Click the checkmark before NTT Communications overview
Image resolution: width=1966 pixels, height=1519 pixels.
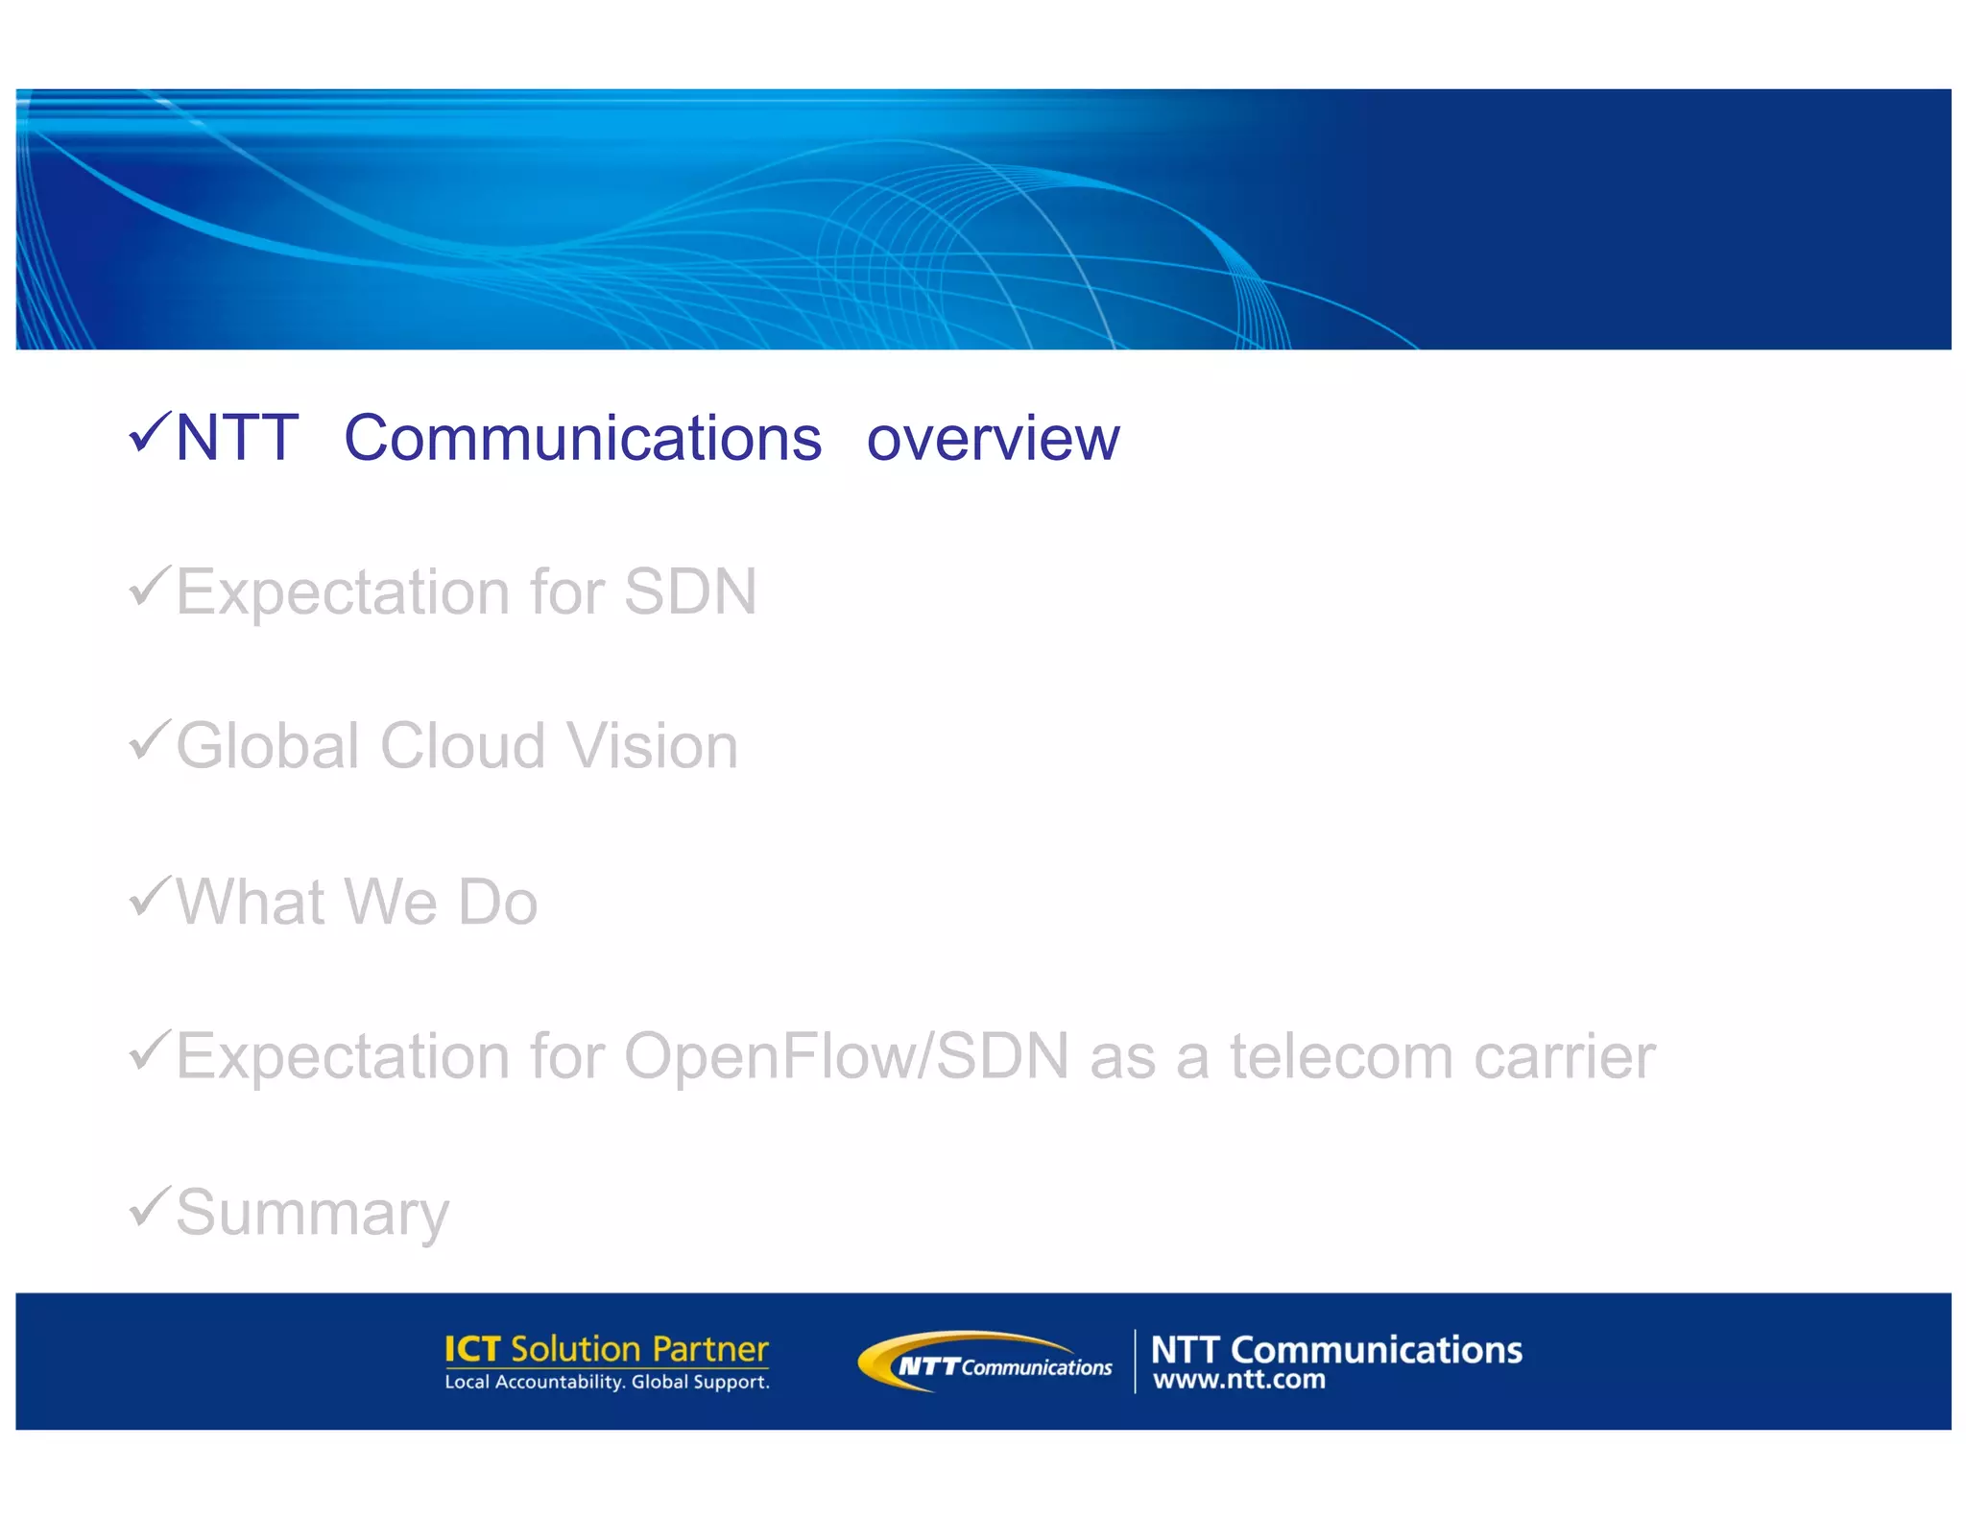pyautogui.click(x=150, y=433)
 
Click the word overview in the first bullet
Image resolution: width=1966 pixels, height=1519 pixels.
pyautogui.click(x=993, y=439)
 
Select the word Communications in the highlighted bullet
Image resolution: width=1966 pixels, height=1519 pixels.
pyautogui.click(x=583, y=439)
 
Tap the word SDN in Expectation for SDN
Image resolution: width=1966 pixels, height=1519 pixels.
pyautogui.click(x=690, y=591)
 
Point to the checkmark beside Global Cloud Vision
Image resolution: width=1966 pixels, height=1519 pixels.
pyautogui.click(x=150, y=741)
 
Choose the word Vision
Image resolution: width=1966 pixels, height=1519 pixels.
pyautogui.click(x=652, y=746)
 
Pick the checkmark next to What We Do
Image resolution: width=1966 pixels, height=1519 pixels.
pyautogui.click(x=150, y=897)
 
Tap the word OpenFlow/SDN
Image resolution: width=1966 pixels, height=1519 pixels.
pyautogui.click(x=847, y=1056)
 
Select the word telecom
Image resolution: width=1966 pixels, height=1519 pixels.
pyautogui.click(x=1342, y=1056)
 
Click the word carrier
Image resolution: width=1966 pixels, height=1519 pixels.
pyautogui.click(x=1565, y=1056)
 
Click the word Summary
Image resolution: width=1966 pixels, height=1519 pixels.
pyautogui.click(x=312, y=1214)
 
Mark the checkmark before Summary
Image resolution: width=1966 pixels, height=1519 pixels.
pyautogui.click(x=150, y=1207)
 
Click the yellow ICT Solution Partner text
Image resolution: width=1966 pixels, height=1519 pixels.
pyautogui.click(x=606, y=1349)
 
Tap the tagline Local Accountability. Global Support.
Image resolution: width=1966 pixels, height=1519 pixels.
pyautogui.click(x=607, y=1383)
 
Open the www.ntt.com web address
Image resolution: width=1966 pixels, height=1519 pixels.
pyautogui.click(x=1238, y=1381)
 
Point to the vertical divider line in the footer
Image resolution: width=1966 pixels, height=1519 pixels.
pyautogui.click(x=1135, y=1361)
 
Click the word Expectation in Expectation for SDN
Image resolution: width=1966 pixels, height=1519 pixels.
pyautogui.click(x=343, y=591)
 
